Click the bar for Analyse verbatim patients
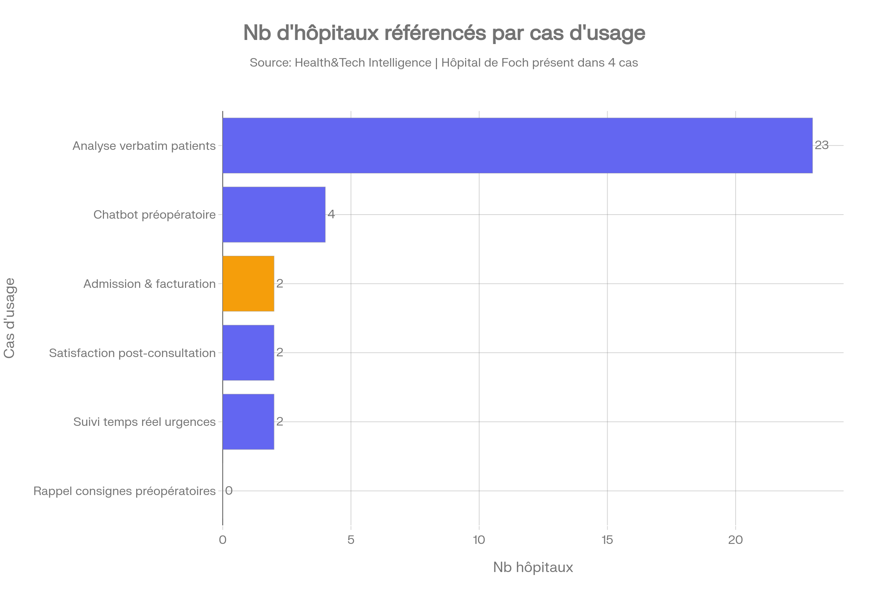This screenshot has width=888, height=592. click(517, 145)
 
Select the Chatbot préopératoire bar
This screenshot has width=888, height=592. click(274, 215)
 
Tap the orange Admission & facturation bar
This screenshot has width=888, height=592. click(248, 283)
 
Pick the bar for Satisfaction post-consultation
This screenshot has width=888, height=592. click(248, 353)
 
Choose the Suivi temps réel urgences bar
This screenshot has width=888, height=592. click(248, 422)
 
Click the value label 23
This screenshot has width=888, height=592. click(821, 145)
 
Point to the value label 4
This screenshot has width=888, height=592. click(331, 214)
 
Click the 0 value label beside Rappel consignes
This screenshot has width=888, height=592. click(229, 491)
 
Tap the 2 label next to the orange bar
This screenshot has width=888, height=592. click(280, 283)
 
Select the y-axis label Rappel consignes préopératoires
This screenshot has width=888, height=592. click(125, 491)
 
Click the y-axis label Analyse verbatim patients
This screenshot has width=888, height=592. click(144, 146)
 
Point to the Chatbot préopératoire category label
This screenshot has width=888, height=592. click(155, 215)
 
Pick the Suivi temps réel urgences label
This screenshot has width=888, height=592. click(145, 422)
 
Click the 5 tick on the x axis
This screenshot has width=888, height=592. click(351, 540)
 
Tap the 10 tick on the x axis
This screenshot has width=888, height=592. click(479, 540)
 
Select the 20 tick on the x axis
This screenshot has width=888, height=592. click(736, 540)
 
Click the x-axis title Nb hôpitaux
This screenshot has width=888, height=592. click(533, 567)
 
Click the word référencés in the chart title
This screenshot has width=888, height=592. click(435, 33)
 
